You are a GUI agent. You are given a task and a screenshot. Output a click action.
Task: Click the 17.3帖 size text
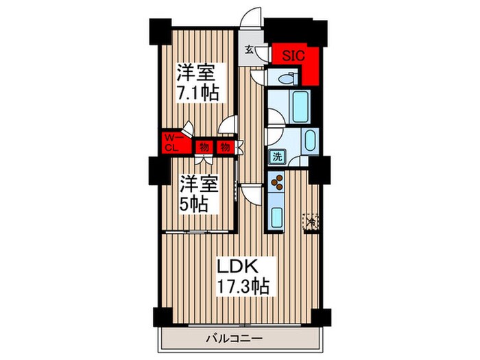(x=239, y=285)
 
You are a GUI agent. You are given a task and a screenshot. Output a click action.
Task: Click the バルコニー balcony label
(x=232, y=337)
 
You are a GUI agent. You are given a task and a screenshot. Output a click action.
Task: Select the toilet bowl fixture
(x=283, y=79)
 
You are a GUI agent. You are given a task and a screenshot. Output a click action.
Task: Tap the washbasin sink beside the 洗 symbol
(x=308, y=142)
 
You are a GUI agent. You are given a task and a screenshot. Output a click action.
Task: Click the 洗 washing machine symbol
(x=276, y=156)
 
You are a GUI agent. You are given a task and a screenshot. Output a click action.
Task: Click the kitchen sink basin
(x=278, y=217)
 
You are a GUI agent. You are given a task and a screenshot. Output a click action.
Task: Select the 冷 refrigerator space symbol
(x=311, y=221)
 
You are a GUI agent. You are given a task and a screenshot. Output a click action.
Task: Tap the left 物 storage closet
(x=204, y=146)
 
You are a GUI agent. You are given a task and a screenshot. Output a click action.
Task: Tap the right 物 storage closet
(x=224, y=146)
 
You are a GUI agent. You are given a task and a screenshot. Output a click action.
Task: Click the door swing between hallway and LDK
(x=254, y=193)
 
